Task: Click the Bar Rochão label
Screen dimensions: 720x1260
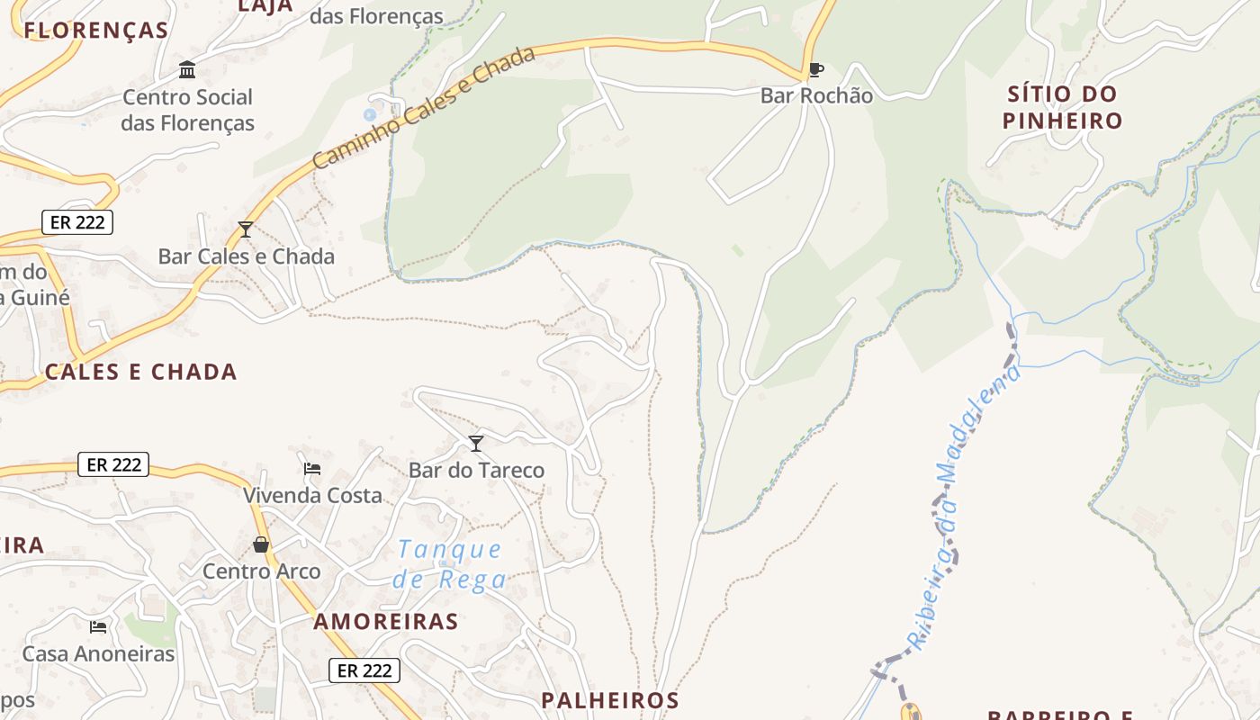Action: [x=816, y=95]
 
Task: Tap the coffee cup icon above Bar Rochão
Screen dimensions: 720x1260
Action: [x=815, y=69]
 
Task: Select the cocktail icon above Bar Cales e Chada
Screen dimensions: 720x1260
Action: [x=245, y=229]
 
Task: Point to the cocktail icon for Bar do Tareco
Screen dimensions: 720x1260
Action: [x=476, y=443]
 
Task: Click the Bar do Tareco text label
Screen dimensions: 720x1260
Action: [x=476, y=470]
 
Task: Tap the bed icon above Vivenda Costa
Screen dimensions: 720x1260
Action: [x=312, y=468]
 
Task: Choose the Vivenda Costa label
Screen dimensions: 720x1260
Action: [x=312, y=495]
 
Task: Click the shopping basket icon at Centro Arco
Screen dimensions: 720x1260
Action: [x=261, y=544]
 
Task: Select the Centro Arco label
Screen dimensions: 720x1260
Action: [x=261, y=571]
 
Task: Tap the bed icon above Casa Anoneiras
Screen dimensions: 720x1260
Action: [x=98, y=626]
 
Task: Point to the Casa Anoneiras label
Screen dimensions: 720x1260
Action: [x=98, y=653]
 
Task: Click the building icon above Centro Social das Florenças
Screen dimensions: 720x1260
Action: [x=187, y=69]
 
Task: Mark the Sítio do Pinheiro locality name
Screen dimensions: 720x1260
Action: [x=1063, y=107]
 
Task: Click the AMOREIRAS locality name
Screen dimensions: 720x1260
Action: [x=386, y=621]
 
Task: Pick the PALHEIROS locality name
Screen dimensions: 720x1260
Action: [x=609, y=700]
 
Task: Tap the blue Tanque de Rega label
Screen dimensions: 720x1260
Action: [x=449, y=564]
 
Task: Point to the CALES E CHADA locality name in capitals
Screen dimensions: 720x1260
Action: [x=141, y=372]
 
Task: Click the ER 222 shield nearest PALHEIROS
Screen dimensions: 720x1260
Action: [x=364, y=670]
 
